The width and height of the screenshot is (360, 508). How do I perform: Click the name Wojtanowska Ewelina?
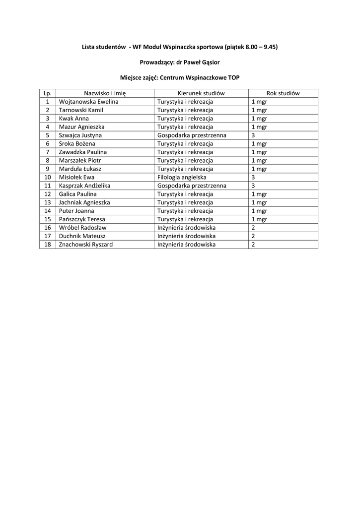[x=88, y=102]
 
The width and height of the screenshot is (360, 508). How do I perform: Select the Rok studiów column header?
[x=283, y=93]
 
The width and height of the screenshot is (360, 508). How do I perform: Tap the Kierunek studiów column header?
[x=201, y=93]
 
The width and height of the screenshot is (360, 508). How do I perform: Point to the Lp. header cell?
[x=48, y=93]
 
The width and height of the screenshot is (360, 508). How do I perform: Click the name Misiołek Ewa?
[x=76, y=177]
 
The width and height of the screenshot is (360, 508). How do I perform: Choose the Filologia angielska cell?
[x=182, y=177]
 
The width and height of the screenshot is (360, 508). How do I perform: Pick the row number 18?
[x=48, y=245]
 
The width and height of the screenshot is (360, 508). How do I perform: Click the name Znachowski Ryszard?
[x=85, y=245]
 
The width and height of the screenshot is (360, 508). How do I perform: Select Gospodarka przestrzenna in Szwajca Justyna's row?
[x=192, y=135]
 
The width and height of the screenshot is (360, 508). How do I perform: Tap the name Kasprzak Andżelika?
[x=84, y=186]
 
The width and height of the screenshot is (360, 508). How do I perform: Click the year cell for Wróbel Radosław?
[x=253, y=228]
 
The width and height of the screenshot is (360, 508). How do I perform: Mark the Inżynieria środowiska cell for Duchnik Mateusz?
[x=186, y=236]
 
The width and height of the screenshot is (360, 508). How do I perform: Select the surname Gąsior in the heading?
[x=209, y=63]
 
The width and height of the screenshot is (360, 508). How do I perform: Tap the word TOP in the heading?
[x=233, y=78]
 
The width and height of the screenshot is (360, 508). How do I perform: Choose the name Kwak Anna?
[x=73, y=119]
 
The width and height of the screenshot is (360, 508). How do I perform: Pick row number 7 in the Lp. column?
[x=48, y=152]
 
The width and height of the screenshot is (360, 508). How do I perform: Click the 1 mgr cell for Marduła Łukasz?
[x=259, y=169]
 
